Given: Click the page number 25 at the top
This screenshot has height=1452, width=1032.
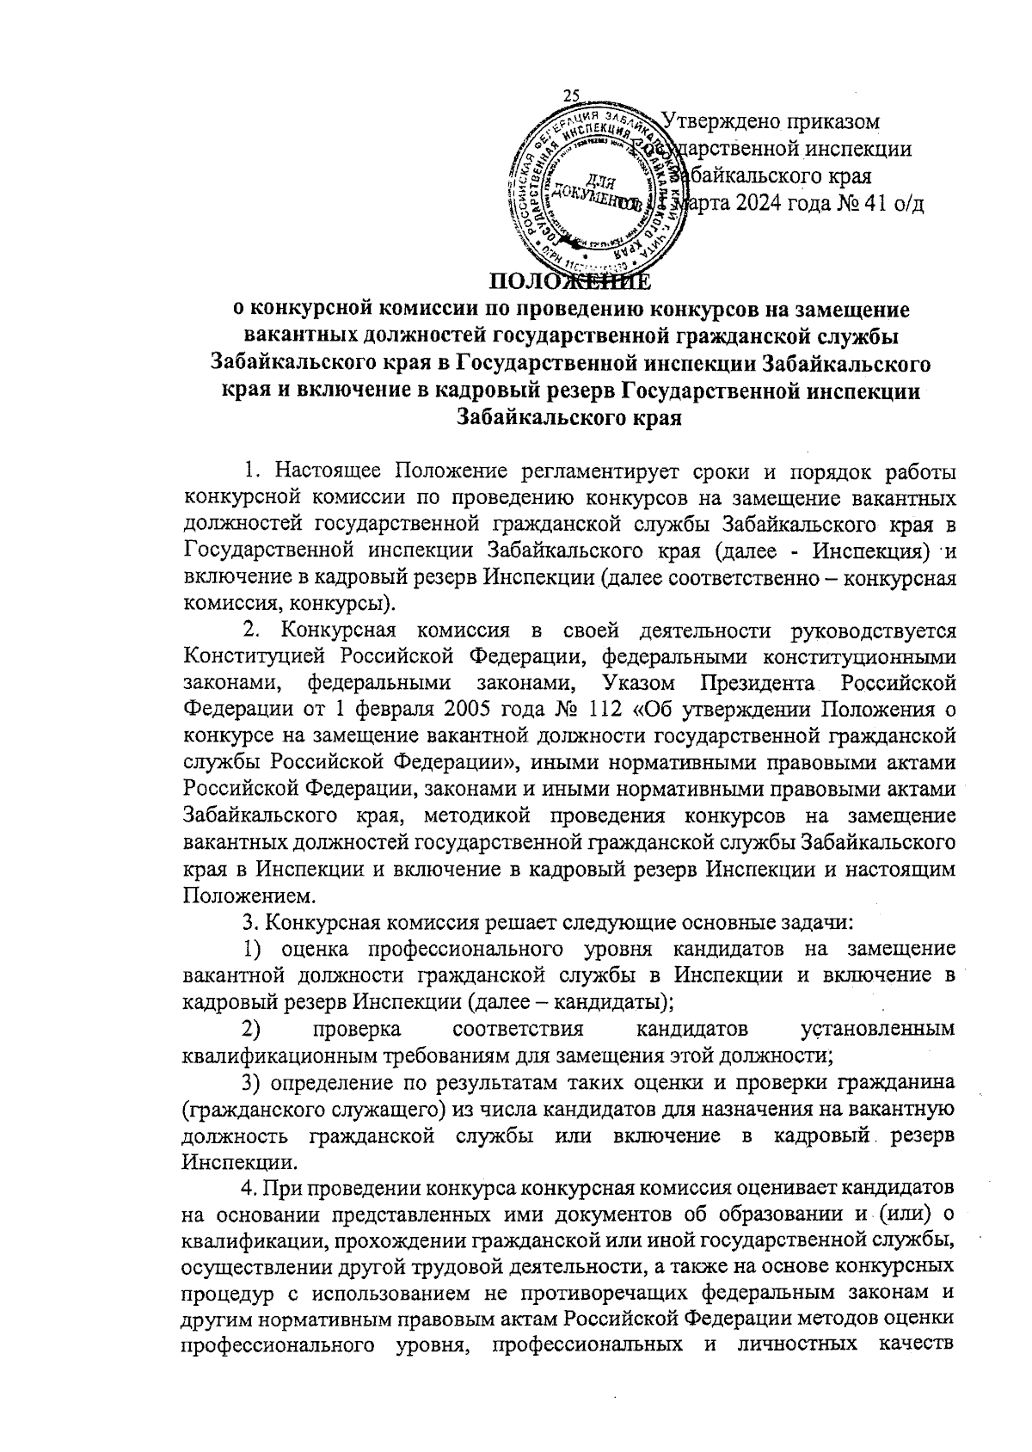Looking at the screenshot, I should point(571,96).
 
